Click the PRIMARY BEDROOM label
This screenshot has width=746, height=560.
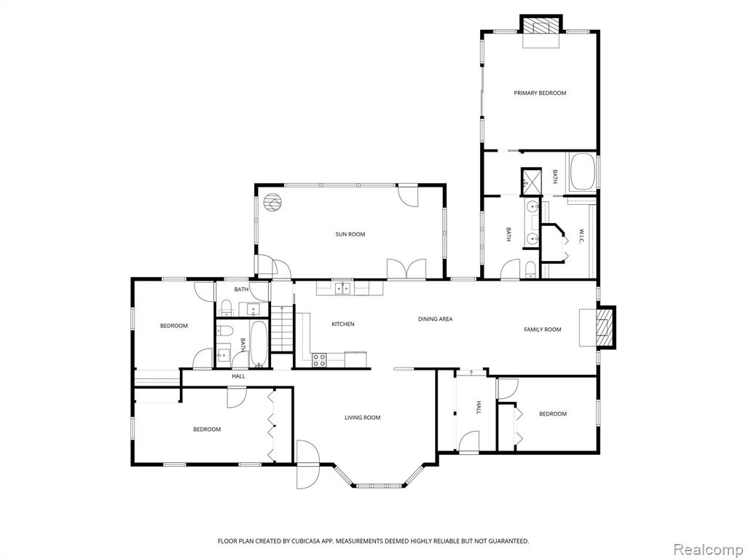pyautogui.click(x=540, y=93)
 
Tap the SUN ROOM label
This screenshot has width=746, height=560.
pyautogui.click(x=350, y=234)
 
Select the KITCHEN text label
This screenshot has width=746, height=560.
pyautogui.click(x=343, y=324)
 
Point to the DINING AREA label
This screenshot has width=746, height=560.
pyautogui.click(x=436, y=319)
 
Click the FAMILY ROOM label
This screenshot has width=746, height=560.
pyautogui.click(x=542, y=330)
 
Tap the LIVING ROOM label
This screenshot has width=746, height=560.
pyautogui.click(x=363, y=418)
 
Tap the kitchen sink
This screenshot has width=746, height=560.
pyautogui.click(x=342, y=289)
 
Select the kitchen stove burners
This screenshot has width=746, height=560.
pyautogui.click(x=319, y=360)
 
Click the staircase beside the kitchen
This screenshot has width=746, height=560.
pyautogui.click(x=282, y=329)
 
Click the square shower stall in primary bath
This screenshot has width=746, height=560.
pyautogui.click(x=531, y=182)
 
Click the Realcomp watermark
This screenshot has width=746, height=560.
pyautogui.click(x=708, y=549)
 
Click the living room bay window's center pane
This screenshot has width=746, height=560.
pyautogui.click(x=380, y=486)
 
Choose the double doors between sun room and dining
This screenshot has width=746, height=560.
pyautogui.click(x=407, y=268)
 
